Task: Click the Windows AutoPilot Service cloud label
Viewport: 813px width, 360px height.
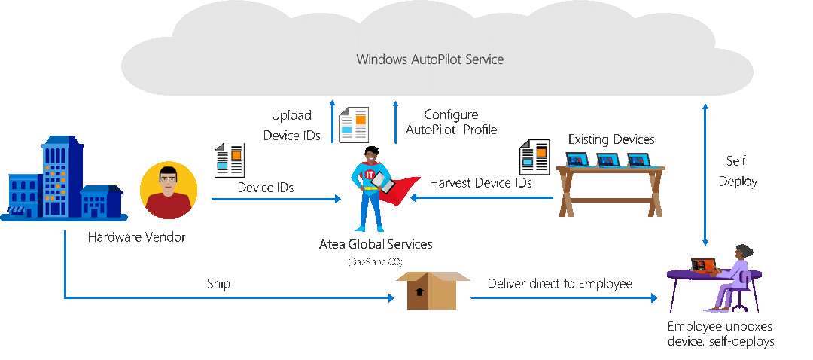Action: (430, 59)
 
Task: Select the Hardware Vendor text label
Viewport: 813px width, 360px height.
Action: (136, 237)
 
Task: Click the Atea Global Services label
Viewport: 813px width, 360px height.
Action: (376, 245)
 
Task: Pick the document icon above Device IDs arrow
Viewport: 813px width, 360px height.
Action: (230, 160)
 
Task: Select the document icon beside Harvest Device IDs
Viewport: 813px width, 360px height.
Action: (534, 157)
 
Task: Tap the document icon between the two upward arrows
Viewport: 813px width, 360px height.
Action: (354, 124)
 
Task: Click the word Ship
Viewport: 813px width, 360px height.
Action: (218, 284)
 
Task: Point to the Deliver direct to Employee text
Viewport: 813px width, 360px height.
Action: (560, 284)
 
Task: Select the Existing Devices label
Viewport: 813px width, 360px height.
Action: (611, 139)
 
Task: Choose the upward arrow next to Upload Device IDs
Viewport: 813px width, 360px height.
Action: (332, 122)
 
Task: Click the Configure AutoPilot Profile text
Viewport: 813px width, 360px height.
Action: (451, 122)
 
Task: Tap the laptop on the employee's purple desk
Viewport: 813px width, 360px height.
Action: (702, 265)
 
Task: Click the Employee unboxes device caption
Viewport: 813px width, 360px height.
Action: (720, 334)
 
